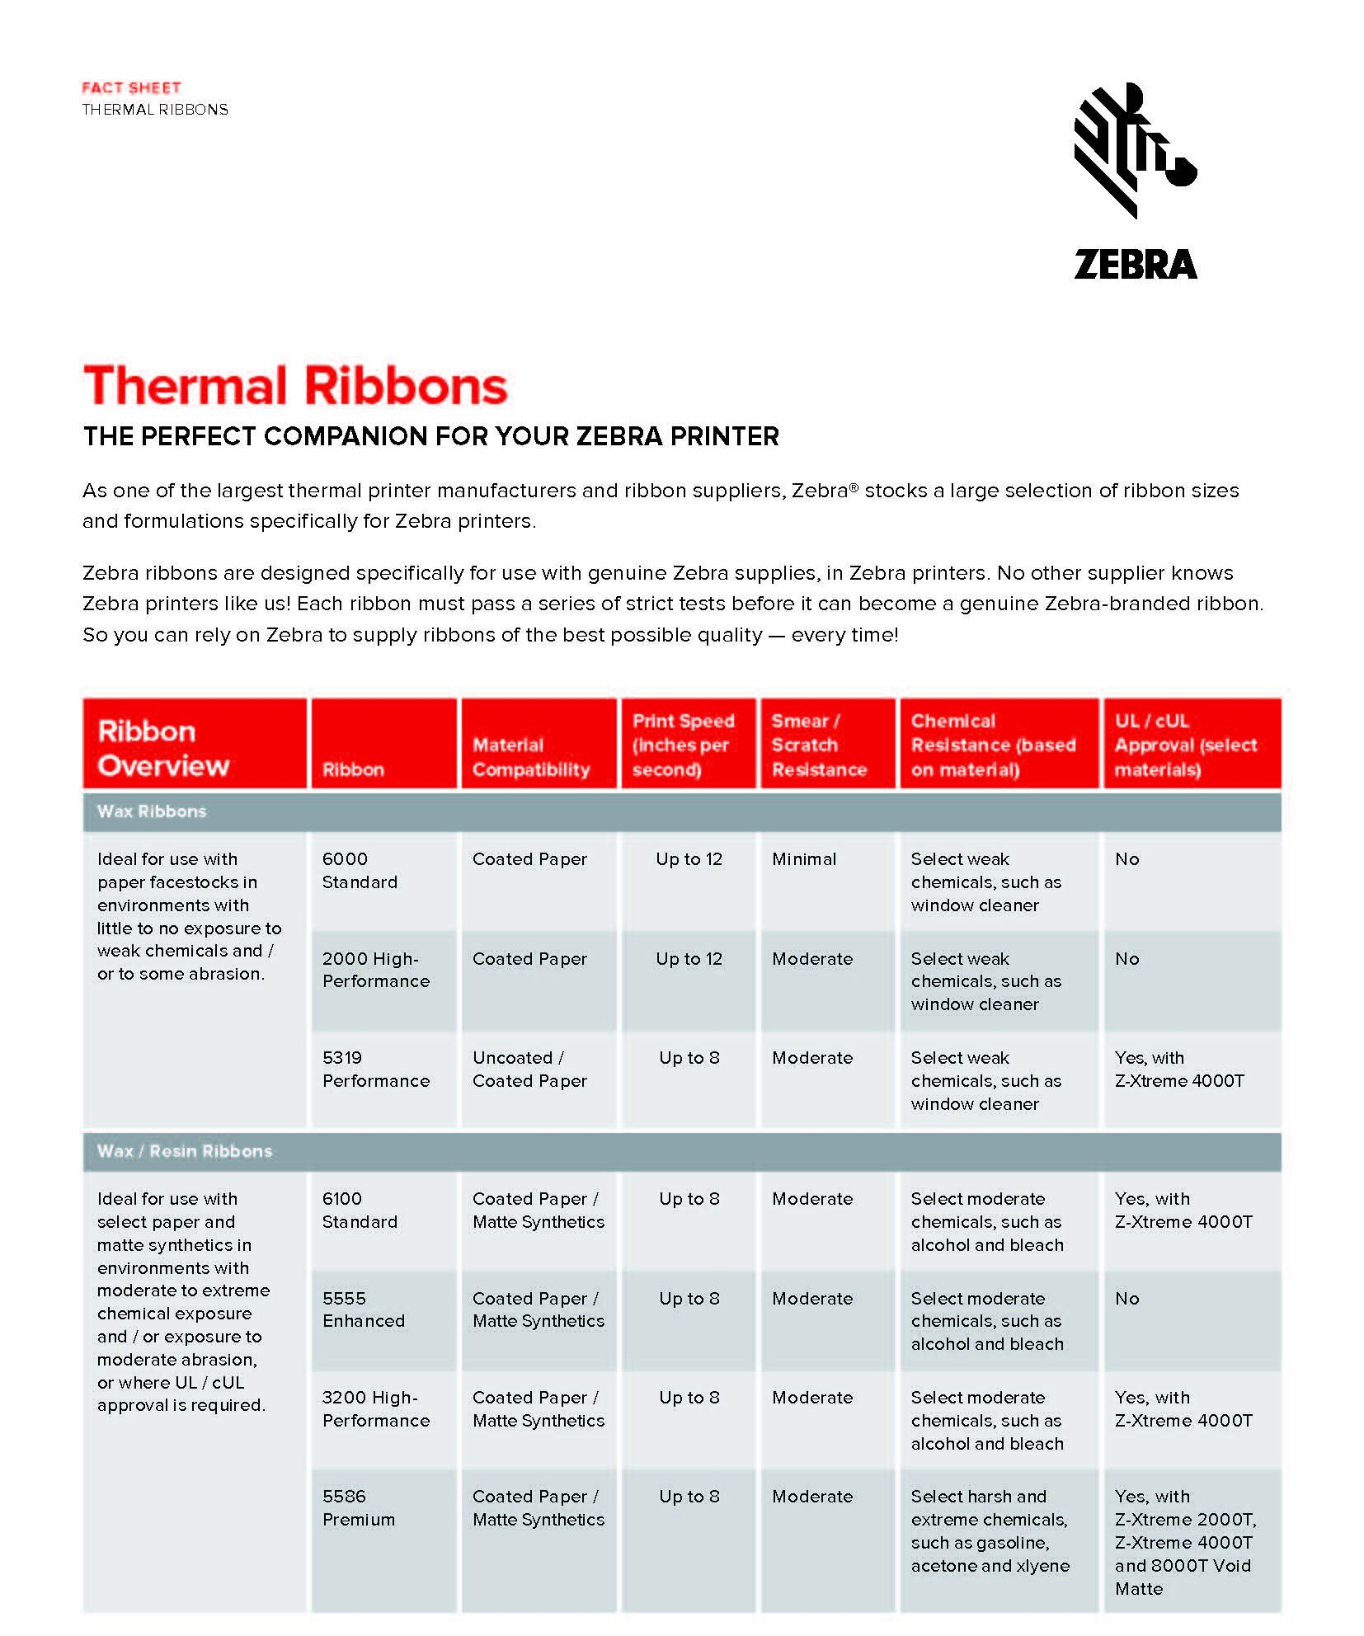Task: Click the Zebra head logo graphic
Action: pos(1134,151)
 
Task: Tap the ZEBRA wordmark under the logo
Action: pos(1135,265)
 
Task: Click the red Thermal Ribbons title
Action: pos(295,386)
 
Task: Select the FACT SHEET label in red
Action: pos(131,87)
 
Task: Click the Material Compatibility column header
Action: pos(530,757)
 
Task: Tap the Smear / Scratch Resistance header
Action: pos(818,745)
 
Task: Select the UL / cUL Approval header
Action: pos(1185,745)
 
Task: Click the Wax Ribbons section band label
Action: pos(152,811)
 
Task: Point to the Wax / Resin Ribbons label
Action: pos(184,1151)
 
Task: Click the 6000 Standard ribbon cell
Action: pos(360,871)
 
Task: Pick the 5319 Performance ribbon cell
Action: pos(375,1070)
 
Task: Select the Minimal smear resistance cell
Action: pos(804,859)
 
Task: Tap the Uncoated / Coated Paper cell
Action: pos(529,1070)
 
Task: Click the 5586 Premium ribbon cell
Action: pos(359,1508)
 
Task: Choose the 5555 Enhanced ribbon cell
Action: pos(363,1309)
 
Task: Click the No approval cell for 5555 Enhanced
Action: pos(1126,1299)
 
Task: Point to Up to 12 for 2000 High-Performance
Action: pos(689,959)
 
